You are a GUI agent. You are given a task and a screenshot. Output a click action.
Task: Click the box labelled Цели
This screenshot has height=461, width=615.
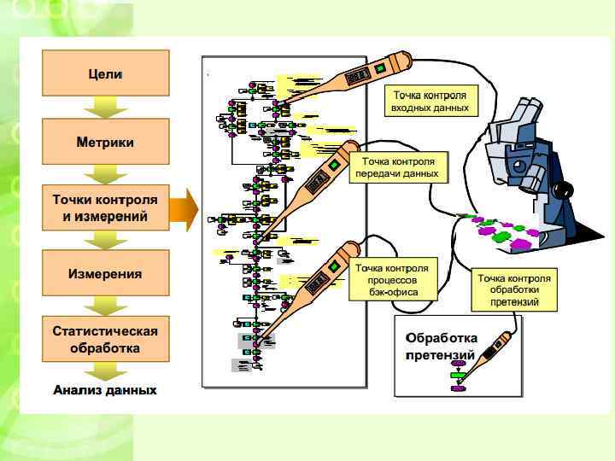106,73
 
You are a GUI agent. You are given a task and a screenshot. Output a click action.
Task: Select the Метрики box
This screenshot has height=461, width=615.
106,142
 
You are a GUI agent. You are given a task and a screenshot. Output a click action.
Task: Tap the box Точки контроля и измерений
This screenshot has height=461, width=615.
106,208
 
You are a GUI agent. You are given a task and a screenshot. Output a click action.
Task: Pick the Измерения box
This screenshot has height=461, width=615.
106,274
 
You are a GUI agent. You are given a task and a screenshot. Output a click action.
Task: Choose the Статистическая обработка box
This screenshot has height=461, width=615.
106,339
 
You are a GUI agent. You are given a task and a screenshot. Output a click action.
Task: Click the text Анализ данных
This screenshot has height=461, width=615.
105,390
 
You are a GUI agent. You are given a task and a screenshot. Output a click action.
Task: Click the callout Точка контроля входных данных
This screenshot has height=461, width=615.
430,102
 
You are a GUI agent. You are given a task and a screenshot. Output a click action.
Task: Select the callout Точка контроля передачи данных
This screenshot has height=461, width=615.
400,167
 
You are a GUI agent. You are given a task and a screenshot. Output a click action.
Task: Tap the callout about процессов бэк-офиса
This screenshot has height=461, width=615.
392,280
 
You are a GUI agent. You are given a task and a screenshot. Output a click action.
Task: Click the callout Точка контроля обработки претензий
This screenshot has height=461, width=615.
513,290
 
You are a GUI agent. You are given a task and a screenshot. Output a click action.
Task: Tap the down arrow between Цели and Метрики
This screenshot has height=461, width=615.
106,108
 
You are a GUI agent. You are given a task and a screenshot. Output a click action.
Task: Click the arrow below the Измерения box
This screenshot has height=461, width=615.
106,306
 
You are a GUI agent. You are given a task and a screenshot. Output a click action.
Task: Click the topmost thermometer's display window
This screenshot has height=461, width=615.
358,77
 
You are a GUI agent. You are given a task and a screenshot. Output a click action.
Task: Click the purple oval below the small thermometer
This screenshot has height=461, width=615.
459,388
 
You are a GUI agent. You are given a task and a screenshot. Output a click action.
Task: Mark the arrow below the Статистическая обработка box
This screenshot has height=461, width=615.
106,371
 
